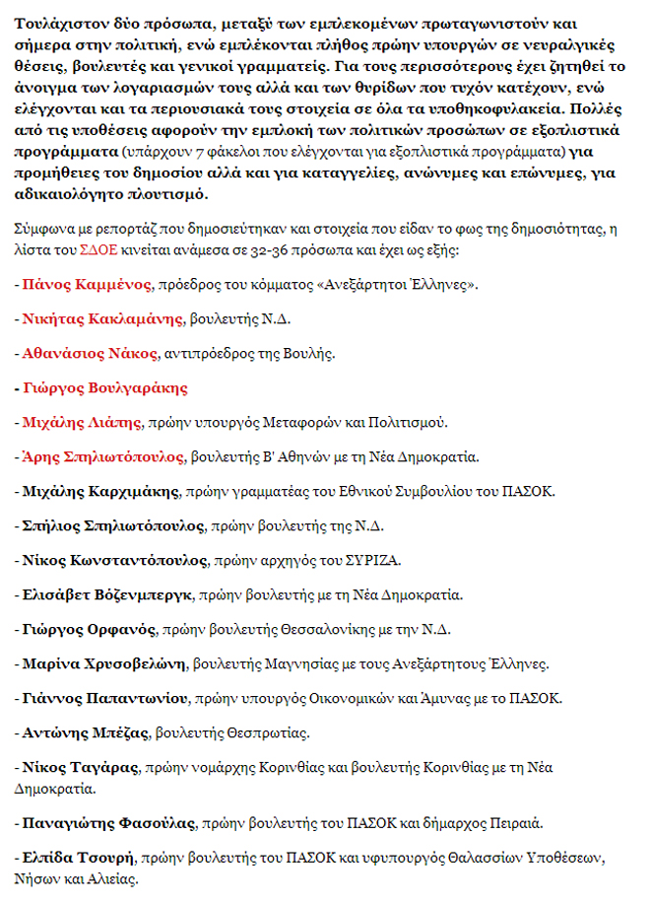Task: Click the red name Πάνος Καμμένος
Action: coord(87,285)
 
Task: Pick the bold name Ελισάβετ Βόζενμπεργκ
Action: coord(106,594)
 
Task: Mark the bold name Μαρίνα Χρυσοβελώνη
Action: coord(102,662)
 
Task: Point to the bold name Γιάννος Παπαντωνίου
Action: coord(104,697)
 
